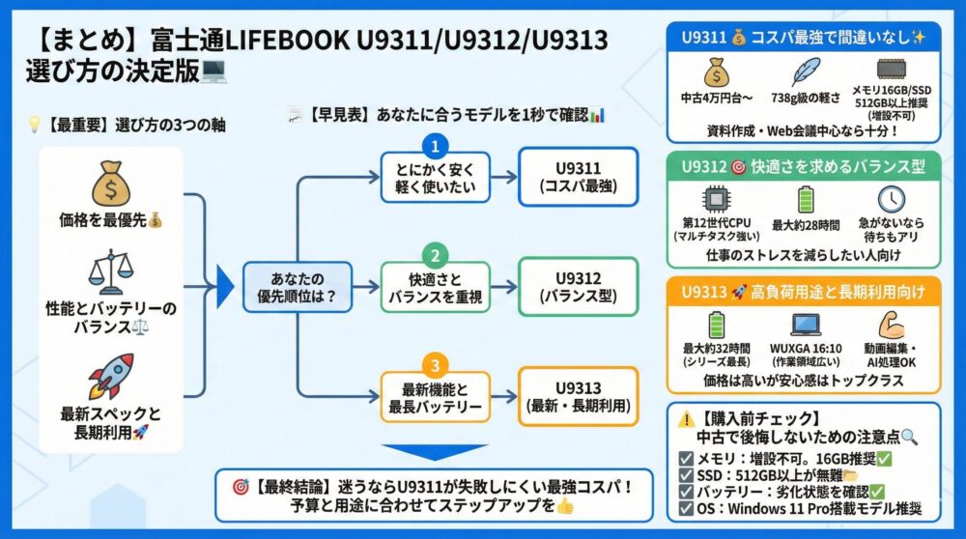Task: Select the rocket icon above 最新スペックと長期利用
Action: coord(110,376)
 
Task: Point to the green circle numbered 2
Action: coord(436,257)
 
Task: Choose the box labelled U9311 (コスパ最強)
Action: coord(578,177)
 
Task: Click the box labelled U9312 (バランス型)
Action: coord(578,287)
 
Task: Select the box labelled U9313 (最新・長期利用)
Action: coord(578,396)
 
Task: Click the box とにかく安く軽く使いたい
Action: coord(435,179)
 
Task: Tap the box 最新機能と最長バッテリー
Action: coord(435,398)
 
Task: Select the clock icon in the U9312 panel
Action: coord(891,199)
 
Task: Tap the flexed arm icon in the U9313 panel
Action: coord(891,325)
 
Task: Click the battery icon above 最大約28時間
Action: coord(805,199)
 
